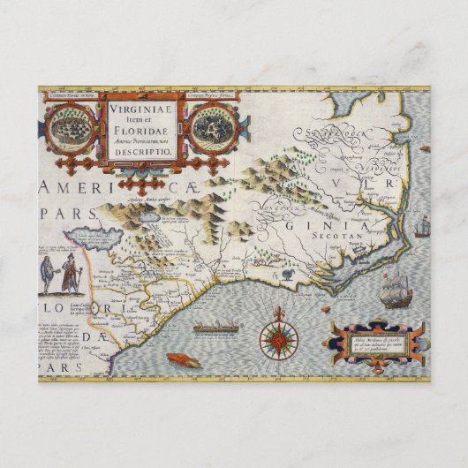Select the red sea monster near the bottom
[184, 359]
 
